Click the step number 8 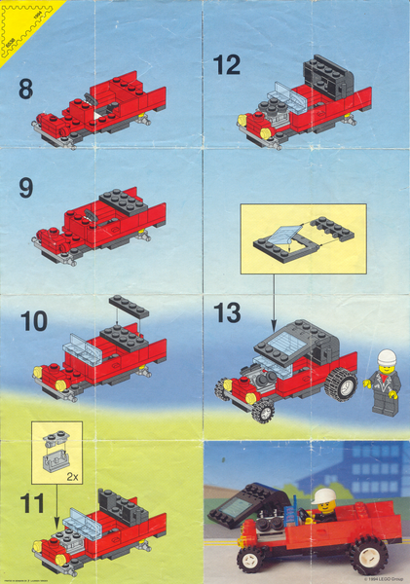click(24, 90)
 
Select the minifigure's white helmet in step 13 click(387, 357)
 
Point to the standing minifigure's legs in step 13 click(385, 401)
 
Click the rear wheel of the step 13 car click(343, 386)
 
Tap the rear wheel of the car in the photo click(369, 555)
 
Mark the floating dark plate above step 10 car click(128, 306)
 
